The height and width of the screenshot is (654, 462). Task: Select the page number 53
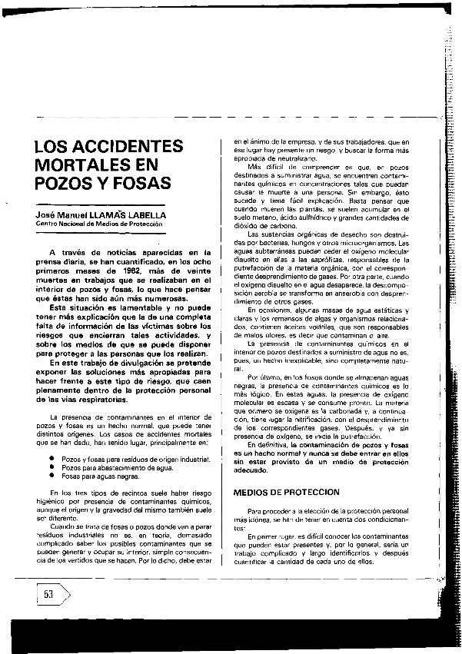pos(48,596)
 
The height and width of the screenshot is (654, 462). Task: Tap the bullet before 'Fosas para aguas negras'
pos(50,475)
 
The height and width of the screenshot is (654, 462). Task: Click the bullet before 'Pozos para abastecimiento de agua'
pos(50,466)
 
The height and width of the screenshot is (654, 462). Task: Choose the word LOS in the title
pos(54,147)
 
